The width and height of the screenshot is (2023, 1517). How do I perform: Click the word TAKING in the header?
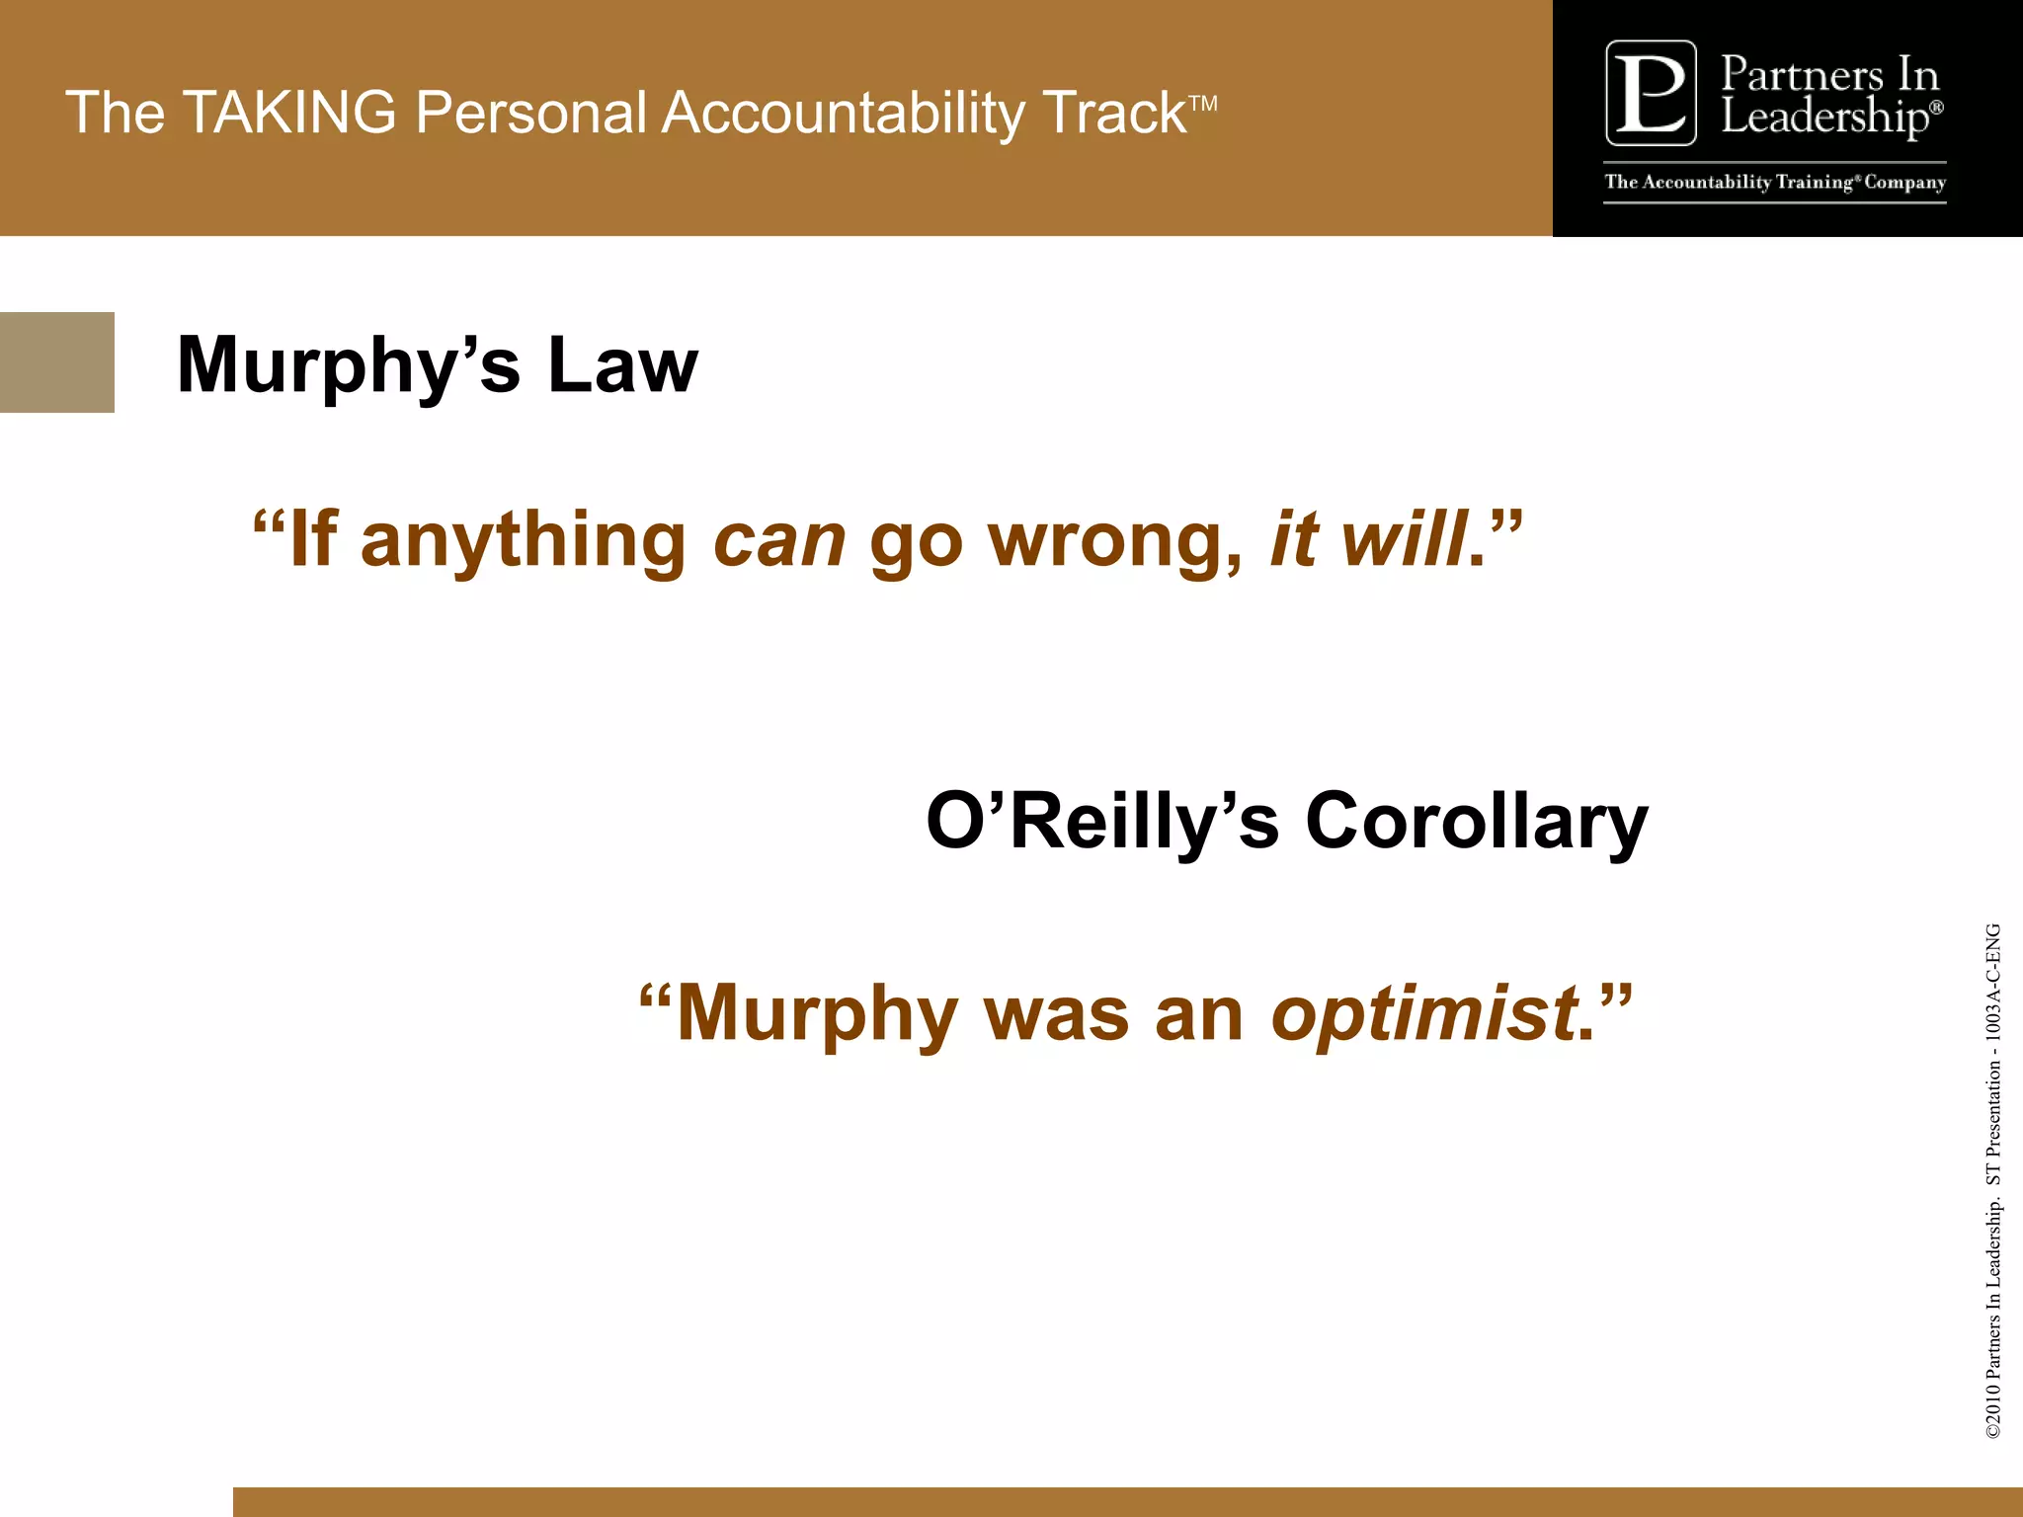tap(289, 112)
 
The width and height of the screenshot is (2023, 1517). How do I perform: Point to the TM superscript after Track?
tap(1203, 103)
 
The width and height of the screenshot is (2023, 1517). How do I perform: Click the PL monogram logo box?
tap(1651, 93)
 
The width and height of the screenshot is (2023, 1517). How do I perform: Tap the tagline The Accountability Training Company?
tap(1775, 183)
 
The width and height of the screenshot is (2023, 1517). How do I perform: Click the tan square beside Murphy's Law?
tap(56, 362)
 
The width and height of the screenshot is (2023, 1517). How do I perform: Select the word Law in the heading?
tap(622, 364)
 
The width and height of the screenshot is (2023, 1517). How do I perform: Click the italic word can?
tap(779, 540)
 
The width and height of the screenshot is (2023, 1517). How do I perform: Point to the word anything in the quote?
tap(524, 542)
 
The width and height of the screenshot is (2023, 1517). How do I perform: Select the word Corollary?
tap(1477, 822)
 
